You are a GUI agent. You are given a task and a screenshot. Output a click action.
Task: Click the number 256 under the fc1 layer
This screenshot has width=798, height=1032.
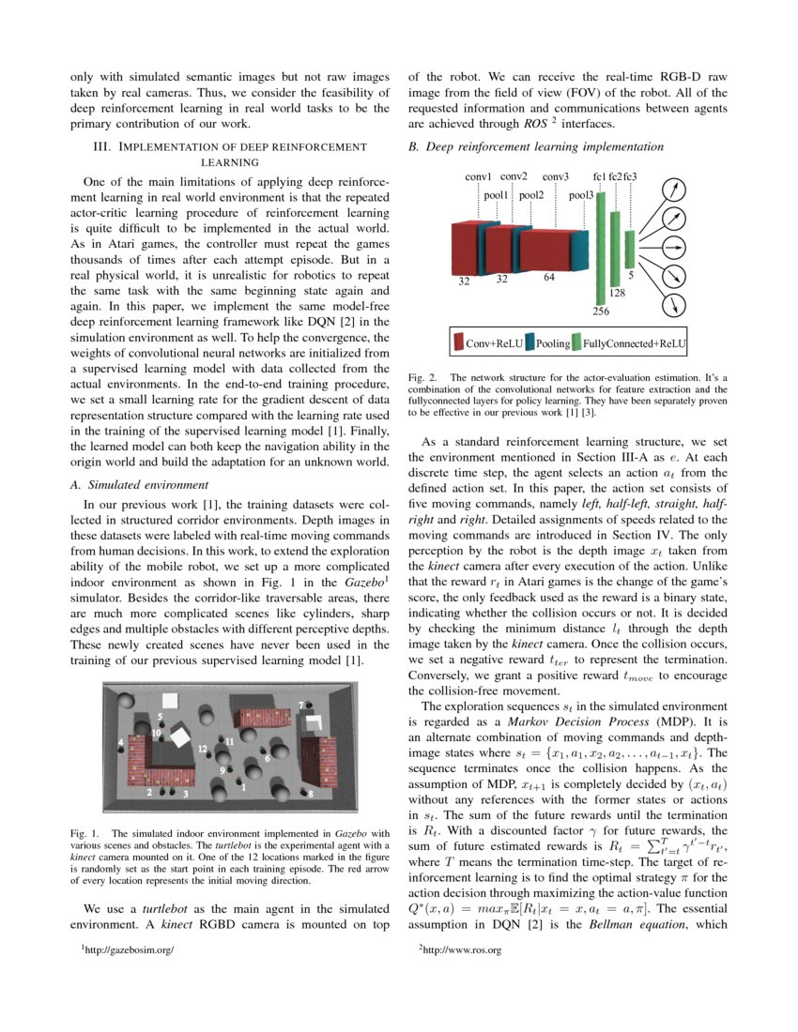(x=602, y=311)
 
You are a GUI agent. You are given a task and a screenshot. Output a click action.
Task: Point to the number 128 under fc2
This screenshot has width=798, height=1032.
(x=617, y=294)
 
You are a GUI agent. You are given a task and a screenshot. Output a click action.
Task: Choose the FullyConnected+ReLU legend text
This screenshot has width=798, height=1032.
(x=634, y=344)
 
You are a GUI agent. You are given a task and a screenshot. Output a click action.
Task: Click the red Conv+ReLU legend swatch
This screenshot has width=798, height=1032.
(x=458, y=343)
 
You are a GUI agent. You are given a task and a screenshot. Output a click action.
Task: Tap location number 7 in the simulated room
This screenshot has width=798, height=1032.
(x=301, y=704)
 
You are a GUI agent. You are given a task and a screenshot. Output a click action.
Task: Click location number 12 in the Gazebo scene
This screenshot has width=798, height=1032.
(x=203, y=749)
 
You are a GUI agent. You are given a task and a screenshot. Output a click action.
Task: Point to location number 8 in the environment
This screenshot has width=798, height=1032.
(x=311, y=794)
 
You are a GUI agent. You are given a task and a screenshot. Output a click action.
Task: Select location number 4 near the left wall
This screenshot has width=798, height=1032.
(x=120, y=743)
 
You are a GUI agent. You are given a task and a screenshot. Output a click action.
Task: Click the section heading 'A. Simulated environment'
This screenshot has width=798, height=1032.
(x=140, y=485)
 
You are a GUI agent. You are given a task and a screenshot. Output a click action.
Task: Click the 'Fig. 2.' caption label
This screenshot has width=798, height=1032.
(x=422, y=378)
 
